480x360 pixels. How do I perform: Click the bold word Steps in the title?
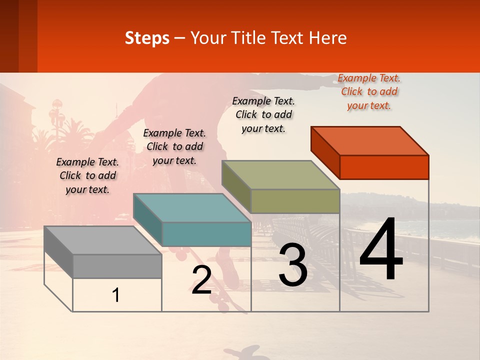[147, 38]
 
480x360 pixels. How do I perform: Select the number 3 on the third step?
[293, 265]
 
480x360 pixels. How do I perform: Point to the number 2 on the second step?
[201, 280]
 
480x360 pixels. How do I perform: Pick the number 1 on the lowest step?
[116, 295]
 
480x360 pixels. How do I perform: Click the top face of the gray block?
[102, 240]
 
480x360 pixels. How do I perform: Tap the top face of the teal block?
[192, 207]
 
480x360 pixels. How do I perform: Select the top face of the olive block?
[280, 175]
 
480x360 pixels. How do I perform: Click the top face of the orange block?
[370, 140]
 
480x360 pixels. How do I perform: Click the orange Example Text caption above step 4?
[369, 91]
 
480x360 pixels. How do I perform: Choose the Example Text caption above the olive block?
[263, 114]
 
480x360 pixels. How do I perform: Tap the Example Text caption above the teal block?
[174, 146]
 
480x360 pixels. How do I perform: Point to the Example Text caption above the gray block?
[87, 175]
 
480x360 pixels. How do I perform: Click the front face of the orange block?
[384, 167]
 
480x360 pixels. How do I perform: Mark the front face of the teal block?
[206, 234]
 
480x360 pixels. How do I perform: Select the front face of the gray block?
[117, 266]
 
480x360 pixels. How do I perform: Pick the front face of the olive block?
[295, 201]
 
